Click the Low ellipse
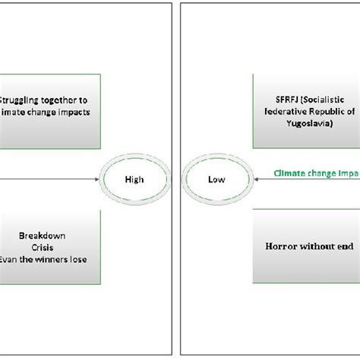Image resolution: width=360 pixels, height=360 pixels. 216,180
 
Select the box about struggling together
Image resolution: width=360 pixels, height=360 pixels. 50,111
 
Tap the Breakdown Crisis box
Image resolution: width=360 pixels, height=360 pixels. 50,247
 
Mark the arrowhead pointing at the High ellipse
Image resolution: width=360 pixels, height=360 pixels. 98,180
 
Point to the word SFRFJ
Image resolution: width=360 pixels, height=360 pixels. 270,99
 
